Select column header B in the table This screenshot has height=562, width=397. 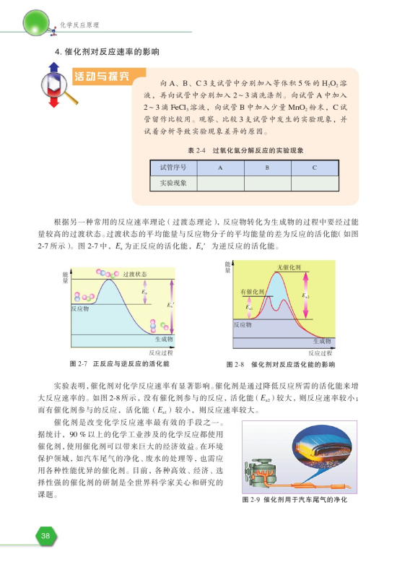(x=267, y=167)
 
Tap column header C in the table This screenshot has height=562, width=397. (x=314, y=167)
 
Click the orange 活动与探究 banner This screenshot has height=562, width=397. (x=100, y=76)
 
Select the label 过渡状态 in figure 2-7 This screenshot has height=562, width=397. (x=135, y=274)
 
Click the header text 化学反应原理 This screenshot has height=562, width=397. (x=78, y=27)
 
